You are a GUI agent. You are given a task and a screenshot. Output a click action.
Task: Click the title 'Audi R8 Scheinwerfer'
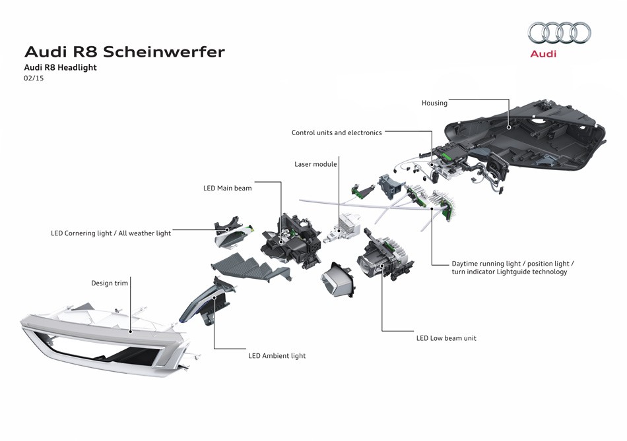[124, 51]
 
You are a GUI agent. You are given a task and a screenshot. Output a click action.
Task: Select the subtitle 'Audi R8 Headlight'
[60, 67]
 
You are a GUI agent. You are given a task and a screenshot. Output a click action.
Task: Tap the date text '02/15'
[34, 78]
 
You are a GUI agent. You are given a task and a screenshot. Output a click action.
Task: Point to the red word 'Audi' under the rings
[543, 53]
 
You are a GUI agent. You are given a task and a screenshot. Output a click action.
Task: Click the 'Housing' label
[434, 103]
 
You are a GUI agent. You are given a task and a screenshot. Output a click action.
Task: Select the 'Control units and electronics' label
[337, 132]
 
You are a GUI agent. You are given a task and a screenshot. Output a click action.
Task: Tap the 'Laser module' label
[315, 164]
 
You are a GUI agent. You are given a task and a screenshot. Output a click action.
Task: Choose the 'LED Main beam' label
[227, 189]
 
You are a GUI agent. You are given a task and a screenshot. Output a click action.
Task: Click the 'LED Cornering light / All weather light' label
[111, 233]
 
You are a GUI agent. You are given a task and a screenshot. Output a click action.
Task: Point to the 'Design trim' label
[110, 283]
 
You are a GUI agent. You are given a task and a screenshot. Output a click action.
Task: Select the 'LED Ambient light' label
[277, 356]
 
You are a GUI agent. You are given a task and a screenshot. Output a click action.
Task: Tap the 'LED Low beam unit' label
[446, 338]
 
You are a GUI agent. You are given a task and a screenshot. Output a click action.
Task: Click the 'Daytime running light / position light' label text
[513, 263]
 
